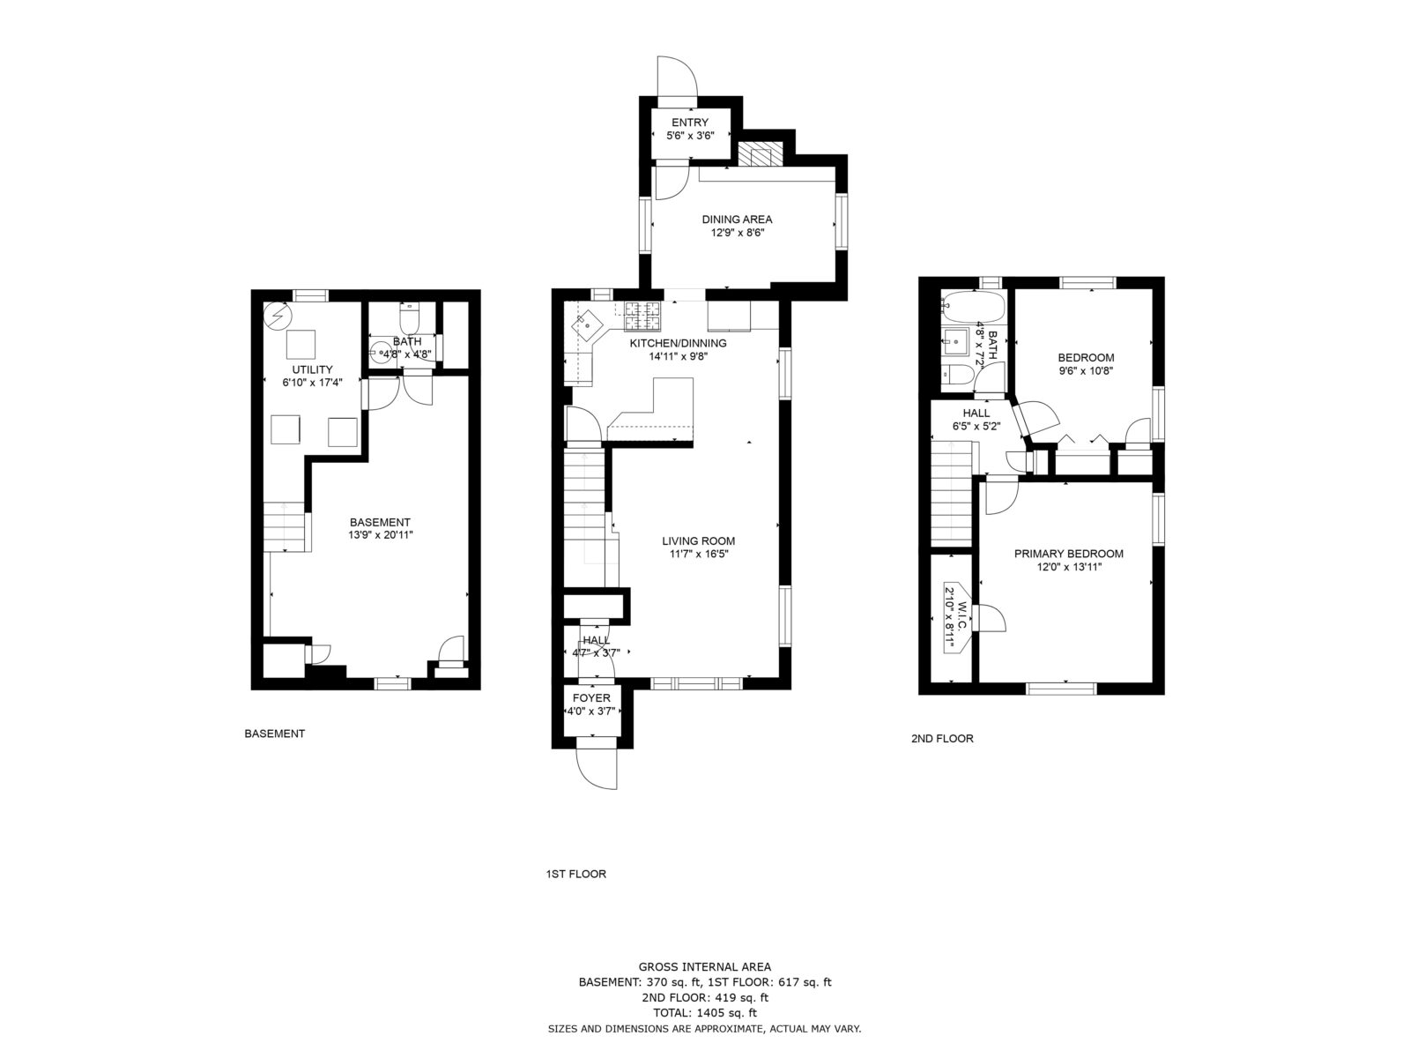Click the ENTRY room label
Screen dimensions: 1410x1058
tap(690, 122)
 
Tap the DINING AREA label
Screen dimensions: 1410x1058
tap(737, 219)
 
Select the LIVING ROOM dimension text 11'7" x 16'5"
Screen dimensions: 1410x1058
tap(698, 554)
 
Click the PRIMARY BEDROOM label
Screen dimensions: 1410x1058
tap(1069, 553)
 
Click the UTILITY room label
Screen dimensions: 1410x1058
tap(312, 369)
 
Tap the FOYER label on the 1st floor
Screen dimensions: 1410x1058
tap(591, 697)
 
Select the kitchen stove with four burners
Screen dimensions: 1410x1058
tap(643, 316)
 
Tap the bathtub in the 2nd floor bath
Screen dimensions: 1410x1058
tap(973, 308)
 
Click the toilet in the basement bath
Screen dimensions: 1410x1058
tap(409, 318)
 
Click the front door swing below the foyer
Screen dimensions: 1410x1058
tap(597, 769)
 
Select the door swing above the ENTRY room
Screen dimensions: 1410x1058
tap(677, 77)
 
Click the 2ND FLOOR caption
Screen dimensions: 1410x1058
tap(942, 739)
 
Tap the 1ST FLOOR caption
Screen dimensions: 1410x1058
tap(575, 874)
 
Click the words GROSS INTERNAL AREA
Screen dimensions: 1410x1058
tap(705, 967)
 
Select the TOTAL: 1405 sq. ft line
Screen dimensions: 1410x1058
tap(705, 1013)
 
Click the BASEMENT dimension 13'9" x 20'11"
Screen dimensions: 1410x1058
tap(381, 534)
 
